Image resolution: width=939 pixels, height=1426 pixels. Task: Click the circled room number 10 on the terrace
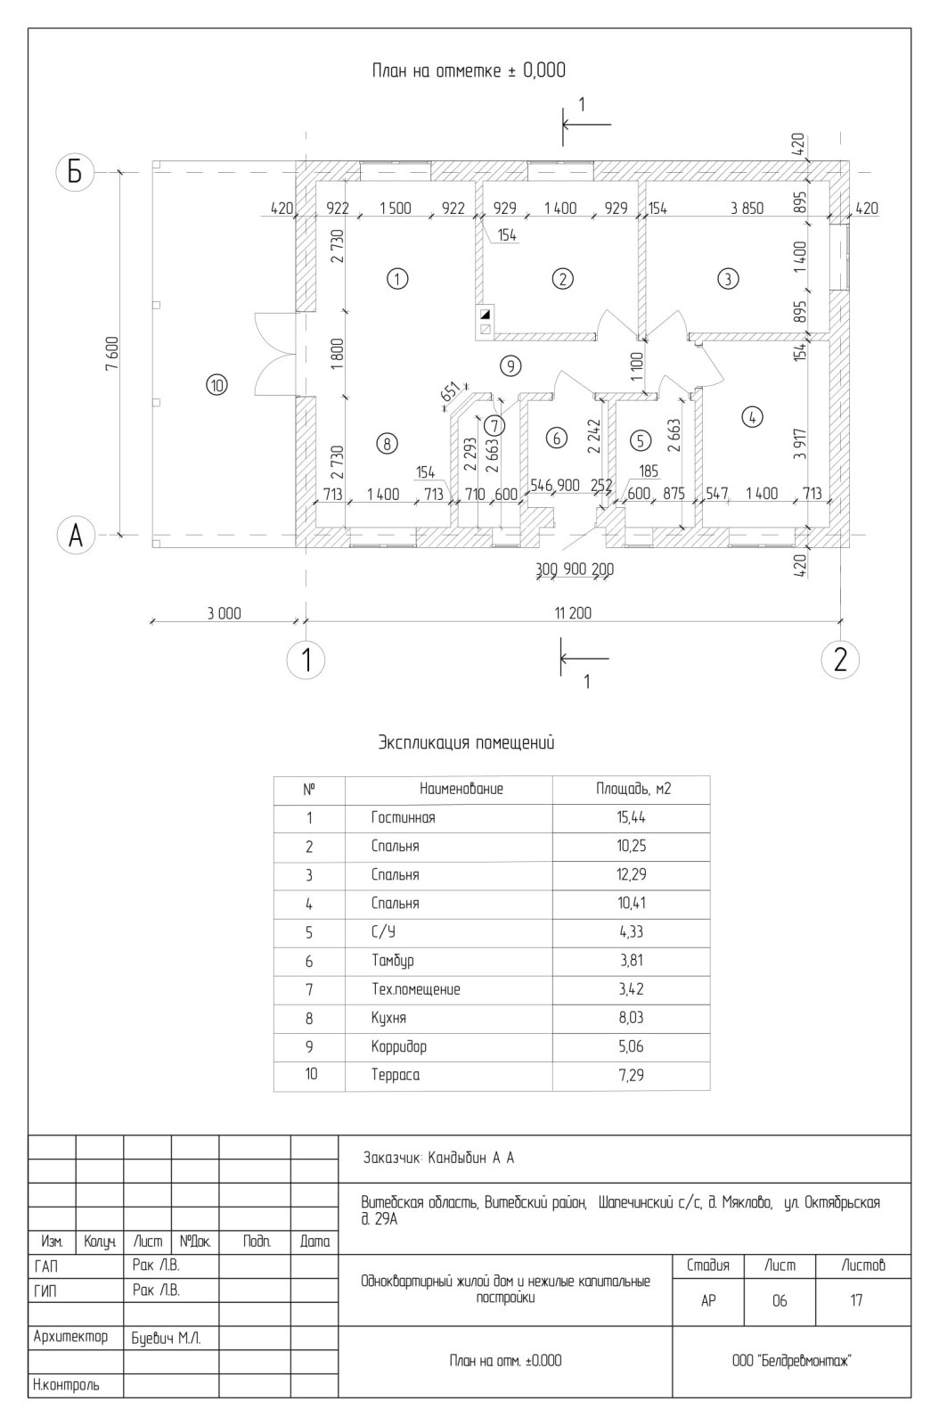click(x=217, y=385)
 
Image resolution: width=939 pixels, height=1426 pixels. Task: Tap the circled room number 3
click(x=728, y=279)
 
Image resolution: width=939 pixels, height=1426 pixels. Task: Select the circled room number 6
click(x=557, y=438)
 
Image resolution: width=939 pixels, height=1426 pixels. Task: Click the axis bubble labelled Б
click(x=75, y=172)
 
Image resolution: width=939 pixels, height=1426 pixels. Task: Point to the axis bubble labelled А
click(x=75, y=536)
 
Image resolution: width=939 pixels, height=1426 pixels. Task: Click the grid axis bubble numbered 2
click(x=840, y=660)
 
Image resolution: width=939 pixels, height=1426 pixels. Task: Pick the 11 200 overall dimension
click(x=573, y=613)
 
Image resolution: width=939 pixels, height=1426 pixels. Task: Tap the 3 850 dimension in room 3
click(x=747, y=209)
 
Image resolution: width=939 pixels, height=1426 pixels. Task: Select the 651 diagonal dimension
click(x=450, y=393)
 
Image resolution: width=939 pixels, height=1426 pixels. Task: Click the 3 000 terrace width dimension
click(x=224, y=614)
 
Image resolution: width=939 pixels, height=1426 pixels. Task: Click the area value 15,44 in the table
click(x=631, y=817)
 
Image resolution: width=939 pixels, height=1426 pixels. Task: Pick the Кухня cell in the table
click(x=388, y=1018)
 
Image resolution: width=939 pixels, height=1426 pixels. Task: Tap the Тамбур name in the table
click(x=393, y=961)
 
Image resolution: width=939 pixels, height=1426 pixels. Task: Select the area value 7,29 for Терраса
click(x=631, y=1075)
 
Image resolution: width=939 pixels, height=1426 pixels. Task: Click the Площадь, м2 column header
click(x=633, y=789)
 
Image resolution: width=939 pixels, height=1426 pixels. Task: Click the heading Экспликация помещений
click(x=466, y=743)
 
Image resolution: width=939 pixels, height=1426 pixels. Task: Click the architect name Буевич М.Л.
click(x=166, y=1339)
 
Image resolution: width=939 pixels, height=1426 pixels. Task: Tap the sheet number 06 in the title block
click(x=780, y=1300)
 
